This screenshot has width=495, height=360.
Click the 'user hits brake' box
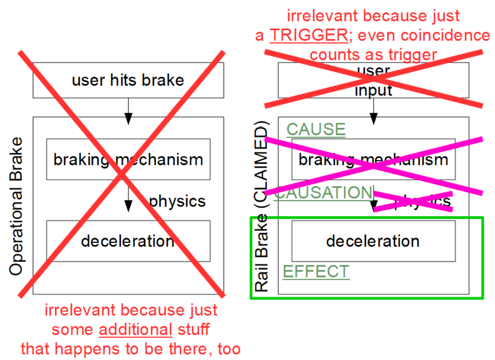point(128,80)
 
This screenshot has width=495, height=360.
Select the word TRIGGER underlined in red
point(309,36)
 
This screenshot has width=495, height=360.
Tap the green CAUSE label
point(316,129)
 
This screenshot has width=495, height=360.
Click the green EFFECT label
point(316,272)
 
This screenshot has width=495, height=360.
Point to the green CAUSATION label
point(323,193)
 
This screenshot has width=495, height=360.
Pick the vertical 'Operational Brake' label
point(16,206)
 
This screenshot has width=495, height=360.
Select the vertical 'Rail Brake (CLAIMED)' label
point(261,206)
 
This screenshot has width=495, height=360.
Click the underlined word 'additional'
point(135,329)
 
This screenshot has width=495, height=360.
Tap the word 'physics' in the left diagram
point(177,201)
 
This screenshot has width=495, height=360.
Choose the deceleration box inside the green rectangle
point(373,241)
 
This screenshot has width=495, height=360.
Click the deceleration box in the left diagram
point(128,241)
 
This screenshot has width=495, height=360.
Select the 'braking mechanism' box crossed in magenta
point(373,159)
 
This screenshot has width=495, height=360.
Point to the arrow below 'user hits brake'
point(128,111)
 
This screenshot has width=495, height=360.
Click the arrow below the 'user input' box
point(373,111)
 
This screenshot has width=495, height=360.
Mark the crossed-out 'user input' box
point(373,80)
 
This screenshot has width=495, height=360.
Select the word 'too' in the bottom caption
point(229,349)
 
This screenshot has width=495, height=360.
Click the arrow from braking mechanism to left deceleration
point(128,200)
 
